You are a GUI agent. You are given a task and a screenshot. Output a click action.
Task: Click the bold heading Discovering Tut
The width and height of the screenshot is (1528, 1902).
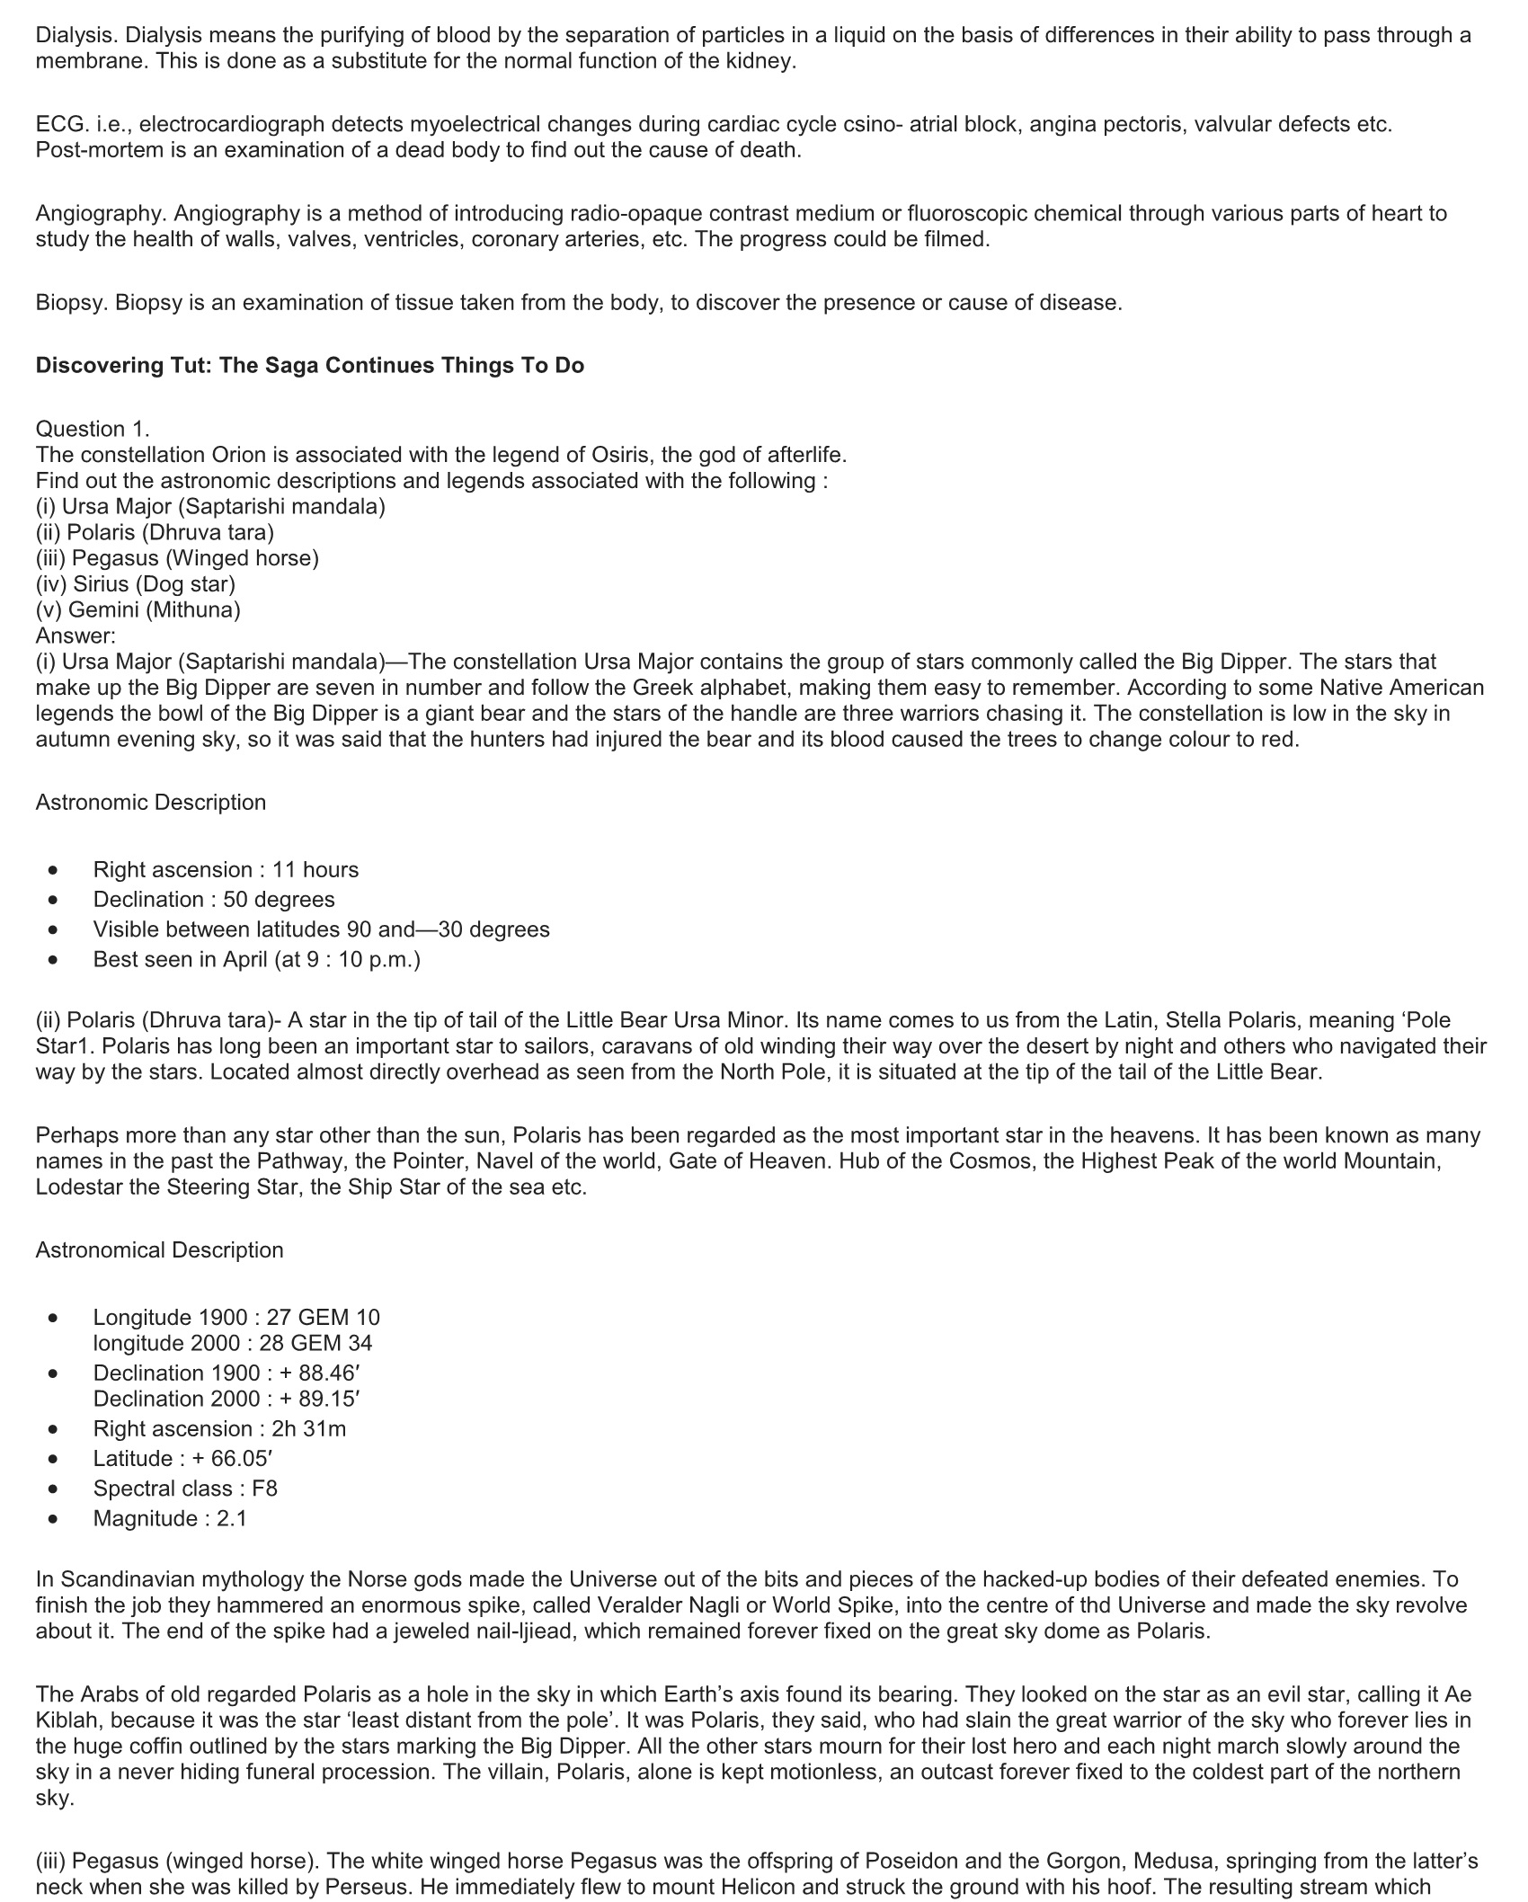click(309, 366)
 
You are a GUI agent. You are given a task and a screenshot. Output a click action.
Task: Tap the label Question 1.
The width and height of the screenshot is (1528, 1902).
click(93, 429)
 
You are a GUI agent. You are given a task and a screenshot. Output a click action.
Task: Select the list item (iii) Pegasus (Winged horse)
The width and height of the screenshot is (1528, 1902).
click(177, 558)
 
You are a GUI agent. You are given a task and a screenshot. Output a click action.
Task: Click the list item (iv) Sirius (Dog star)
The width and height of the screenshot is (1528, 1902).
click(135, 584)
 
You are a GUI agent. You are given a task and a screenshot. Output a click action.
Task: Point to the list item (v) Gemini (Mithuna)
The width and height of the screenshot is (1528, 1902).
click(138, 610)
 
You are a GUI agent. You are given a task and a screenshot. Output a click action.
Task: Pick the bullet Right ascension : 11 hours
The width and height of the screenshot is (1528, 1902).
click(226, 870)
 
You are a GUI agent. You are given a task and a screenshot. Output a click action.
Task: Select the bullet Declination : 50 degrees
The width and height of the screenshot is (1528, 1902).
click(214, 900)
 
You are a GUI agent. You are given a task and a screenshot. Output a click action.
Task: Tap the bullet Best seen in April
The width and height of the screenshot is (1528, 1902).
click(256, 959)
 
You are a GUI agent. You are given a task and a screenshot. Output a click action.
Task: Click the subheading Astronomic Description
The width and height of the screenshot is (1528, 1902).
click(151, 802)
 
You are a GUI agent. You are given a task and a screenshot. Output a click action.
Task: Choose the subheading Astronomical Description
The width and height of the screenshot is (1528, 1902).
click(159, 1250)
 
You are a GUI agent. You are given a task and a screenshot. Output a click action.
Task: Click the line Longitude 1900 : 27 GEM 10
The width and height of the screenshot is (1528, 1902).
click(236, 1318)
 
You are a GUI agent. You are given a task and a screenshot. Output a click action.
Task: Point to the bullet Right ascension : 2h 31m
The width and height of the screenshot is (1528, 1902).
click(219, 1429)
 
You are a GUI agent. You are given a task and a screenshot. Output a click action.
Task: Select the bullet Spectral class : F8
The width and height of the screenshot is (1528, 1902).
click(185, 1489)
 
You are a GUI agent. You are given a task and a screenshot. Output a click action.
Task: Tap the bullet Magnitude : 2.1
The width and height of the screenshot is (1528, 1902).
click(170, 1518)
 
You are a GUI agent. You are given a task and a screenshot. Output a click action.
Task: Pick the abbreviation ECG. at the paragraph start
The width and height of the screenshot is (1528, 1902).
click(61, 124)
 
